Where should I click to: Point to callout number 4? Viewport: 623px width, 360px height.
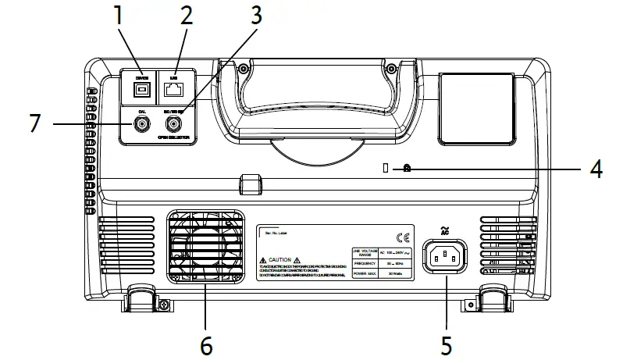point(595,169)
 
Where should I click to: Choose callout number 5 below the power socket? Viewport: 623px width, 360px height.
point(446,344)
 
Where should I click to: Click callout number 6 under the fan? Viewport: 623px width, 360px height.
point(206,344)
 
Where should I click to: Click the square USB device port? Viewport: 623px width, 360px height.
point(141,90)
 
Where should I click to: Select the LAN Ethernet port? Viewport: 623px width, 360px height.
point(175,90)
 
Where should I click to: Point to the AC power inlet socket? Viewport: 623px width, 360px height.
point(445,255)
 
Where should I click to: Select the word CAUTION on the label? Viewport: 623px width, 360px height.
point(279,259)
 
